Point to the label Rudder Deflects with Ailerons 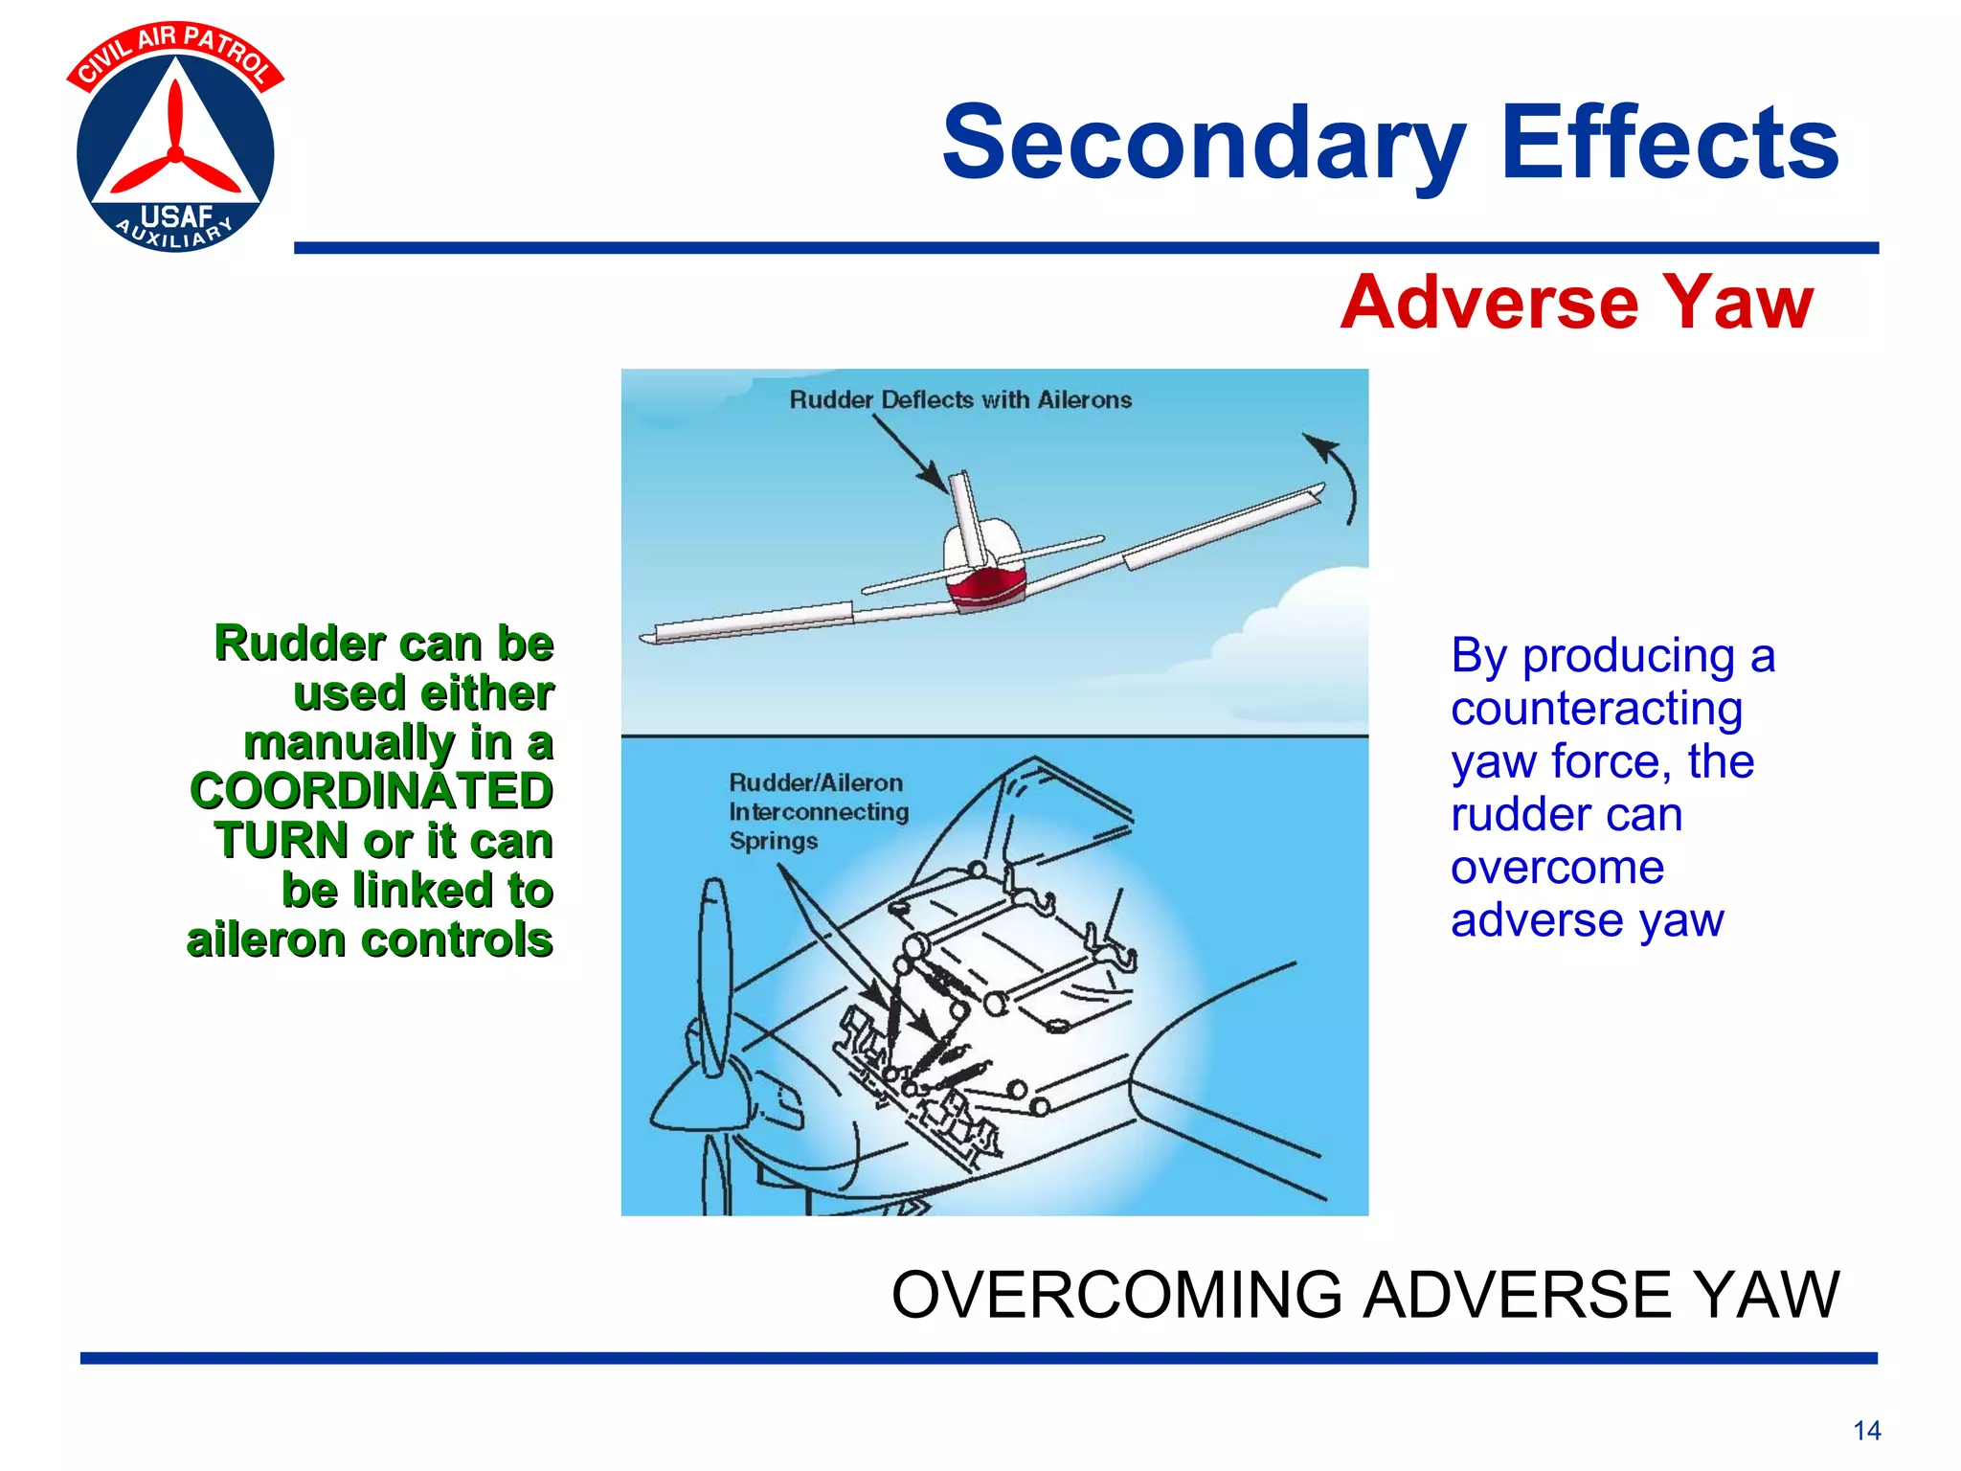[959, 400]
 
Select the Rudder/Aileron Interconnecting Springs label [818, 811]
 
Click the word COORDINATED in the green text [372, 791]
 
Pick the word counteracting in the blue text [1596, 709]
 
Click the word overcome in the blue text [1557, 868]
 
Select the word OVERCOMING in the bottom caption [1116, 1295]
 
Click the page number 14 [1866, 1431]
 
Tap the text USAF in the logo [176, 216]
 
